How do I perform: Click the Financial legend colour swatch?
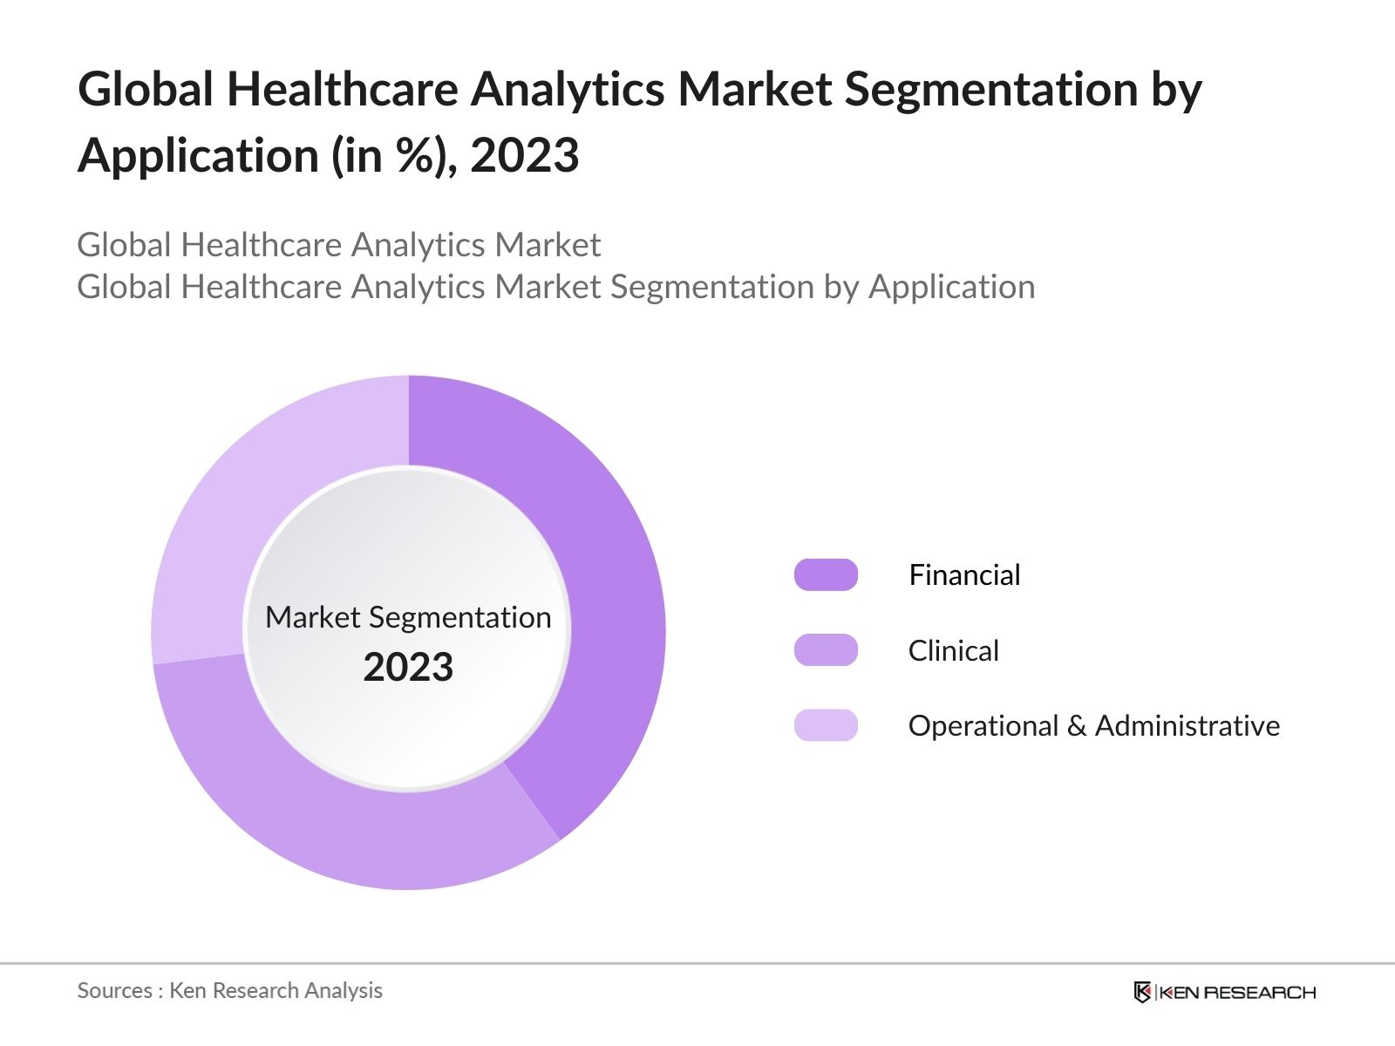click(x=826, y=575)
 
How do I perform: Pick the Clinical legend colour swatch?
click(x=826, y=650)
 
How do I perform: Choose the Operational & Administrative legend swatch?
click(x=826, y=725)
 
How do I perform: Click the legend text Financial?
click(x=964, y=575)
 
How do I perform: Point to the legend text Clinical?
click(x=953, y=650)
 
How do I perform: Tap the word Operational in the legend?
click(x=983, y=725)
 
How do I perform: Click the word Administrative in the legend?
click(x=1187, y=725)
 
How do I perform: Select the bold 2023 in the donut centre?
click(x=408, y=668)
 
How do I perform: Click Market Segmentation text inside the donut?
click(x=408, y=617)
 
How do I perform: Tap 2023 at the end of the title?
click(x=524, y=156)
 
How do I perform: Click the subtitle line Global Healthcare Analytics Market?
click(x=338, y=245)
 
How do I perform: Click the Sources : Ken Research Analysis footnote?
click(x=229, y=990)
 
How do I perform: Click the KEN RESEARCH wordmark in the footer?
click(x=1237, y=992)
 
